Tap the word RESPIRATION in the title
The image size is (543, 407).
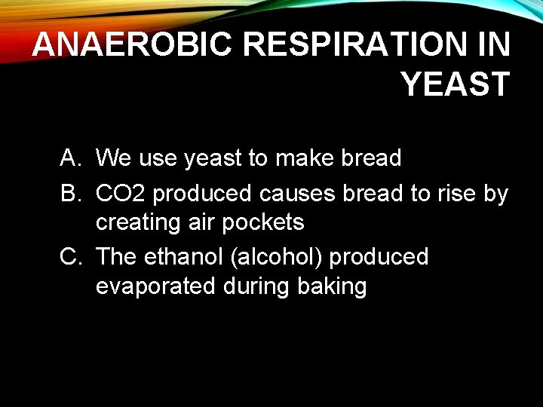pos(354,46)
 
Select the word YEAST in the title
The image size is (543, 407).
pos(456,84)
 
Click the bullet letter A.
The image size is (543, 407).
pos(70,158)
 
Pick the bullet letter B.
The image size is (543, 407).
pos(70,194)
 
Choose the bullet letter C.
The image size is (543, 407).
pos(70,257)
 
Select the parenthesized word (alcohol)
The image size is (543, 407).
pos(279,257)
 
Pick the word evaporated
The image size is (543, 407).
pos(155,287)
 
